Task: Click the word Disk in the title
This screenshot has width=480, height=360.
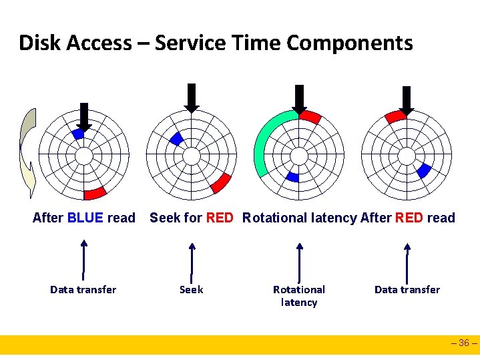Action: pos(38,43)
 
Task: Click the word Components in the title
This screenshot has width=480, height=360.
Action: pos(350,43)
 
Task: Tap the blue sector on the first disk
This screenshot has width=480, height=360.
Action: pos(78,134)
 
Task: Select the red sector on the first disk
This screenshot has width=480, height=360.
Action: pos(95,194)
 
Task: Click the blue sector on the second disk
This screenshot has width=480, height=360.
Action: pos(176,138)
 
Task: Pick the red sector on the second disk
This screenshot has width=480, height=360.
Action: pos(221,182)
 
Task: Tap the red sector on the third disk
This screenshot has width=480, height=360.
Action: pos(310,117)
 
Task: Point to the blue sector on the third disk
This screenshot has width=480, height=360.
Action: pos(292,177)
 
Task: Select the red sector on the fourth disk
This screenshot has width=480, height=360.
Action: pos(395,116)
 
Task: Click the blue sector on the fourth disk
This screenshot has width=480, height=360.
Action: pos(423,171)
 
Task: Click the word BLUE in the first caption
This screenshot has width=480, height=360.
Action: pos(85,218)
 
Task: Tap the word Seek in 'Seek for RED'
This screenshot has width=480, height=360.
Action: pos(164,218)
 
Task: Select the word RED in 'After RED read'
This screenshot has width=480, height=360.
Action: pos(408,218)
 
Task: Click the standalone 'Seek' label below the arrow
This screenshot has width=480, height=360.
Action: pos(192,289)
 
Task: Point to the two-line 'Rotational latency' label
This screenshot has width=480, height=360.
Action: pos(299,296)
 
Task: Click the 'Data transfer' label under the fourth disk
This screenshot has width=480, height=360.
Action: pos(407,289)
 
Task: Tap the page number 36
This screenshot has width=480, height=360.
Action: pos(465,344)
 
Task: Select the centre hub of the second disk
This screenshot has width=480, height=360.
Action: pos(192,156)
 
